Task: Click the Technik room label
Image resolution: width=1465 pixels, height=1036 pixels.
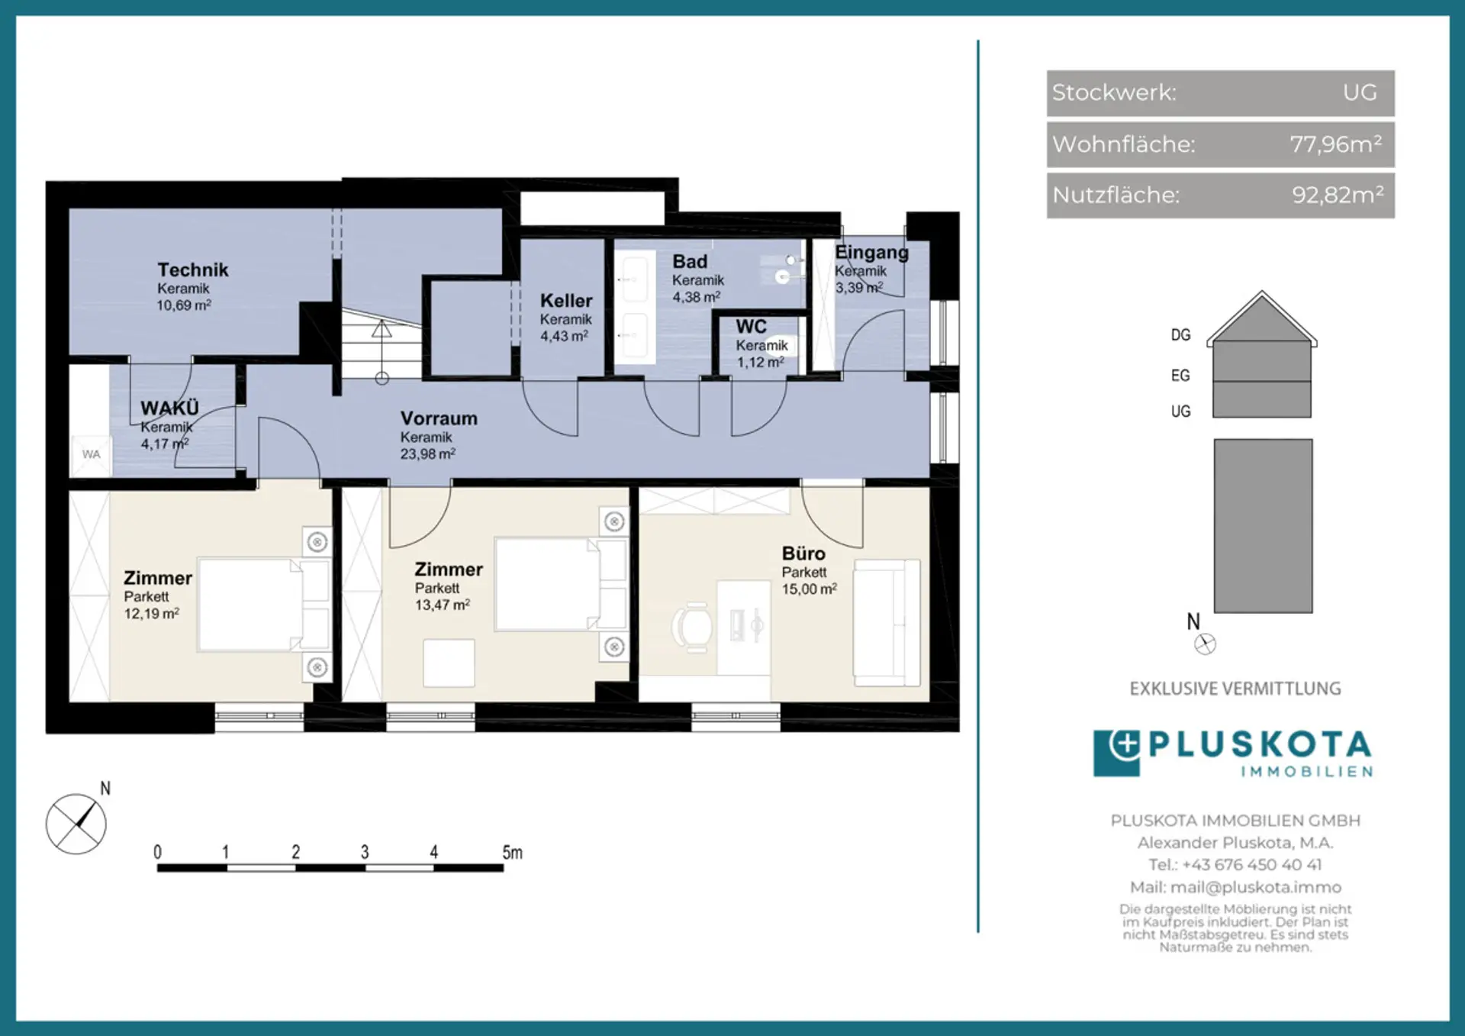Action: coord(192,269)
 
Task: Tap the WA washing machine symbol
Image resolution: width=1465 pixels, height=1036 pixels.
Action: coord(91,455)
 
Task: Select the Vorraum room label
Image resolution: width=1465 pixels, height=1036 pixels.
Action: coord(439,418)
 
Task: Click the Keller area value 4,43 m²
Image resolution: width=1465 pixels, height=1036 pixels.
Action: coord(564,336)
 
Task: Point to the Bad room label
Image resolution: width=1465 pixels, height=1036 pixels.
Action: coord(690,261)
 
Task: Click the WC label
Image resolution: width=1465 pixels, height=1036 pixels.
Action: coord(751,327)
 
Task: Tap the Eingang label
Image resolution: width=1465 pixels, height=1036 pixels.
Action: coord(871,253)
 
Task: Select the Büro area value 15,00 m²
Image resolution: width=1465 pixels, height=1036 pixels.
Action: coord(809,589)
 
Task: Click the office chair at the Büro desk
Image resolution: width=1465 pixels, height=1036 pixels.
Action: coord(693,628)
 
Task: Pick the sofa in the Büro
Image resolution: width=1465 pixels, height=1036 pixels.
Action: coord(887,622)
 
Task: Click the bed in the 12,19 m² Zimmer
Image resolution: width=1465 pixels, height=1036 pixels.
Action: coord(263,605)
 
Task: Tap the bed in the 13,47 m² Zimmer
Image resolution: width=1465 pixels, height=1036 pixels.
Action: coord(560,584)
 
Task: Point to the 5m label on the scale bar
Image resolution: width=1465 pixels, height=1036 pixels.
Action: coord(512,852)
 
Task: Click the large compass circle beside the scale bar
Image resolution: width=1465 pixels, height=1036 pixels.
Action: coord(76,824)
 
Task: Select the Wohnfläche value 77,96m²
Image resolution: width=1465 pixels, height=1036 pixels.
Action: coord(1335,144)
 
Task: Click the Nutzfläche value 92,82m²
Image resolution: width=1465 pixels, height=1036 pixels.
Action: coord(1338,195)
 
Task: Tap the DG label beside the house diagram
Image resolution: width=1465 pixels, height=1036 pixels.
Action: coord(1180,335)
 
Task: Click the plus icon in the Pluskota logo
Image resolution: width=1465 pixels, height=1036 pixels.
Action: coord(1125,745)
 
